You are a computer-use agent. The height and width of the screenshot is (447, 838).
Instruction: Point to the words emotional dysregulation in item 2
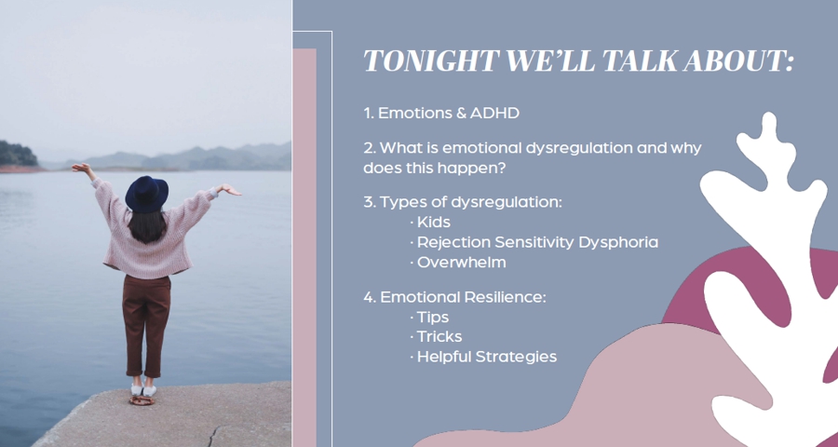tap(537, 148)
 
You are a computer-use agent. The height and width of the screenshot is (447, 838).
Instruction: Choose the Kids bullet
tap(433, 222)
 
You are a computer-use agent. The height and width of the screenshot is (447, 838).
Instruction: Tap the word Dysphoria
tap(618, 243)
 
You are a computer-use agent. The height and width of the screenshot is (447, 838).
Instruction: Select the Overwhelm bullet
tap(461, 263)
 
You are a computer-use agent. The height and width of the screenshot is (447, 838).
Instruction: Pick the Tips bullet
tap(432, 318)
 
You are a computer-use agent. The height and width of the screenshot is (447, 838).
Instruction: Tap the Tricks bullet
tap(439, 337)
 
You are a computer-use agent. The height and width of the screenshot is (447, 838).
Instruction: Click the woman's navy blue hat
tap(146, 194)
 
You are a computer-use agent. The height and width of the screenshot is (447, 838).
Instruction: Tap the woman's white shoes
tap(142, 390)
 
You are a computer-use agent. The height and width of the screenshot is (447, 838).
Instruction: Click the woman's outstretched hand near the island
tap(81, 168)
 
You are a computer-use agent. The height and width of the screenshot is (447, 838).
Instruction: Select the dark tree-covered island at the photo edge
tap(19, 154)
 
